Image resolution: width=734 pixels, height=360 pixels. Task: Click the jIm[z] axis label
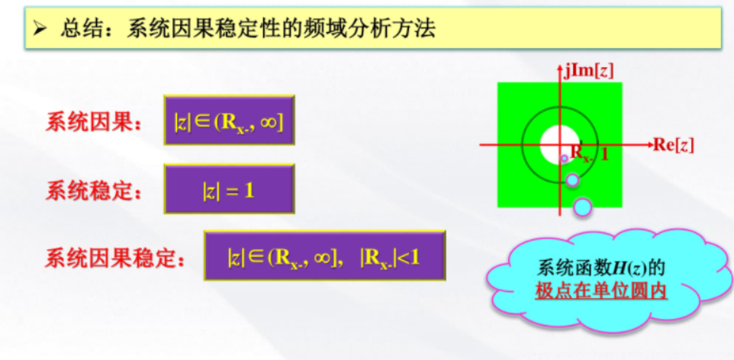click(x=588, y=71)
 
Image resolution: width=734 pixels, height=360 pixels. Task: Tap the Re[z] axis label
click(x=673, y=145)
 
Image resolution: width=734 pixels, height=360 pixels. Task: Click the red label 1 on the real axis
click(x=604, y=153)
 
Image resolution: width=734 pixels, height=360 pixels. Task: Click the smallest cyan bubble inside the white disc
click(x=565, y=158)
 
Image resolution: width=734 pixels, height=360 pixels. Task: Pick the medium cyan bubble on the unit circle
click(x=572, y=179)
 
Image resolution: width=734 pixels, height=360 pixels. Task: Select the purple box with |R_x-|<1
click(x=325, y=256)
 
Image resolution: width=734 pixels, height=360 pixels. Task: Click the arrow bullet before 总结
click(x=41, y=30)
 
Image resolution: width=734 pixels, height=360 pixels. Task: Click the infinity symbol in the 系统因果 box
click(x=269, y=125)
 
